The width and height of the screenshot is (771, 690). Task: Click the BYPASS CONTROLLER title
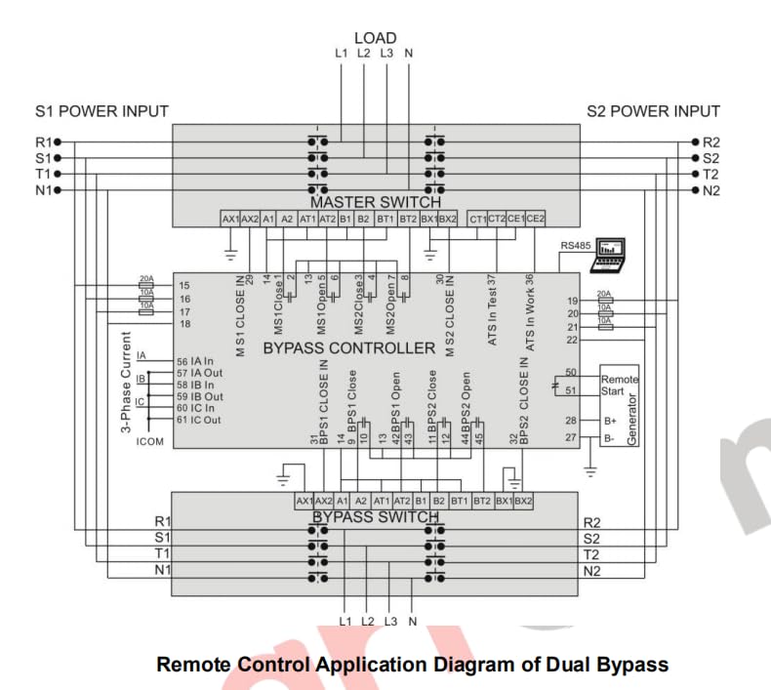click(349, 347)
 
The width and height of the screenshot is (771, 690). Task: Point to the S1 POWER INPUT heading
click(101, 111)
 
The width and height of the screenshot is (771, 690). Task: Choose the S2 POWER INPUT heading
click(653, 111)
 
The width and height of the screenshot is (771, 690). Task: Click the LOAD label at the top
click(375, 38)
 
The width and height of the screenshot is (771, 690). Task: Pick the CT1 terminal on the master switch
click(477, 220)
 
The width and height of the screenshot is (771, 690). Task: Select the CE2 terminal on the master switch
click(535, 220)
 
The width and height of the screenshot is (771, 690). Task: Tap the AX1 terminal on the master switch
click(230, 220)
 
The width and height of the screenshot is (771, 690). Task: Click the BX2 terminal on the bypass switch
click(523, 501)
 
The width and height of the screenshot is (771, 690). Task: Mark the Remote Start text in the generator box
click(619, 386)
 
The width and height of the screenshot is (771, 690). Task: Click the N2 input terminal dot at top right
click(695, 189)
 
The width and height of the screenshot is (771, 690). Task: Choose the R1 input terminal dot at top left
click(58, 142)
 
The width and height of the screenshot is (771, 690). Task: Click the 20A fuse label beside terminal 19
click(603, 294)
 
